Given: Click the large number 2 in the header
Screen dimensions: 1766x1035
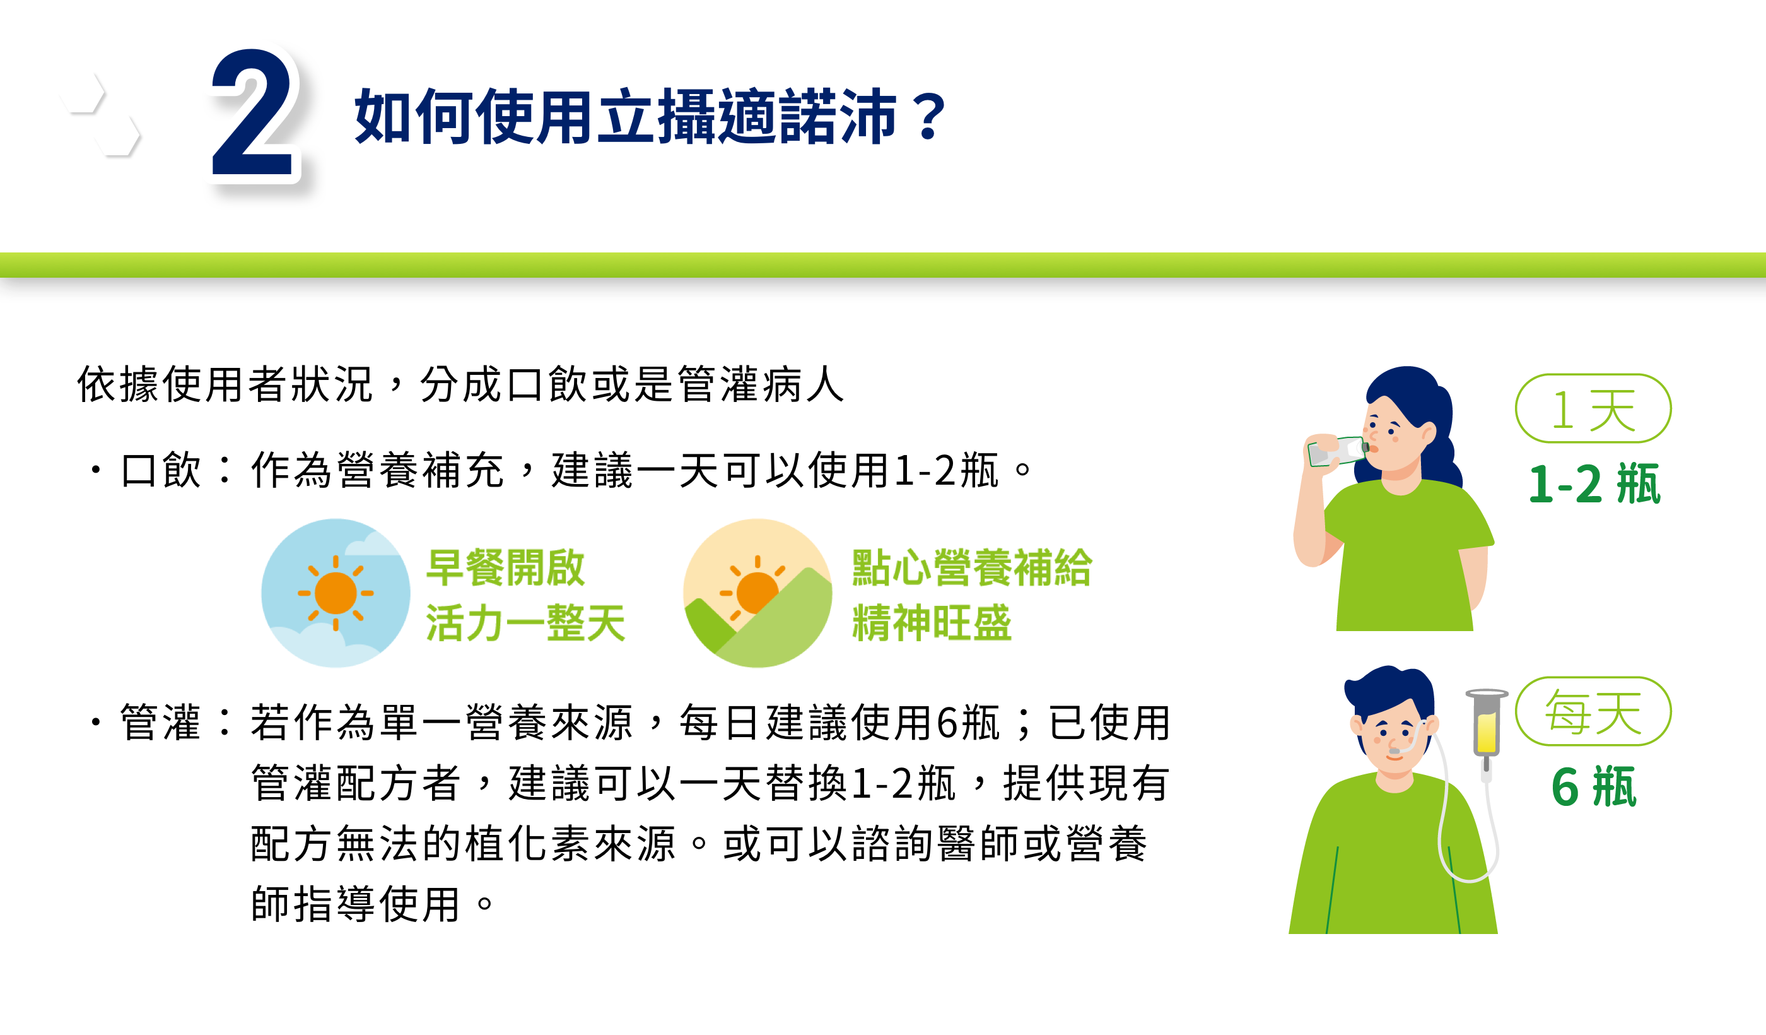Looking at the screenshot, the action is pos(252,112).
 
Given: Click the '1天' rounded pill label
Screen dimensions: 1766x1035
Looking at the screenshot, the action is pos(1593,408).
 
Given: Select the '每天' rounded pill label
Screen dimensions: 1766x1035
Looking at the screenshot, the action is pos(1593,711).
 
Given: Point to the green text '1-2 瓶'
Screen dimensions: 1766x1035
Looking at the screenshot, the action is pos(1594,484).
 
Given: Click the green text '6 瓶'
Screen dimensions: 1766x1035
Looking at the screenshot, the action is pos(1594,787).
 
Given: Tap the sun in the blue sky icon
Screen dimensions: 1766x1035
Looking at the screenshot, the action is pos(336,593).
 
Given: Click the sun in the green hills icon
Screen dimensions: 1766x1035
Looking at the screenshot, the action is pos(755,591).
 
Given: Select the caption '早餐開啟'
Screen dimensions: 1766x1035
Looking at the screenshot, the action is pos(505,567).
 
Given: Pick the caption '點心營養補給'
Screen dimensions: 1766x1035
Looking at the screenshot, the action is pos(972,567).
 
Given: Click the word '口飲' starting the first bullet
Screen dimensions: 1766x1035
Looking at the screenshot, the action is pos(161,470).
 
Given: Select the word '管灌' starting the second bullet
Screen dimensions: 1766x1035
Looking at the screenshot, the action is pos(161,722).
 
